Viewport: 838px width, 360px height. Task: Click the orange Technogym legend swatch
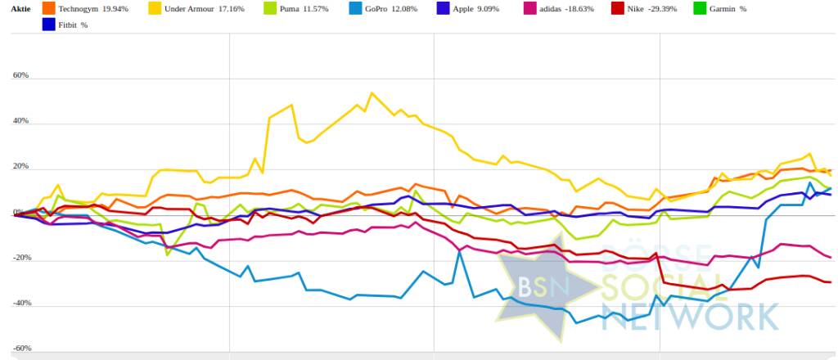(x=48, y=9)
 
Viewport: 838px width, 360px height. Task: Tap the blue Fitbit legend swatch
(x=48, y=25)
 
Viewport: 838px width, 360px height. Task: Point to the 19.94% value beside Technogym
(x=115, y=9)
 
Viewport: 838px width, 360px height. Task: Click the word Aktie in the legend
(x=20, y=9)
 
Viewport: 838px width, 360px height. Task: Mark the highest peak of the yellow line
(x=372, y=93)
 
